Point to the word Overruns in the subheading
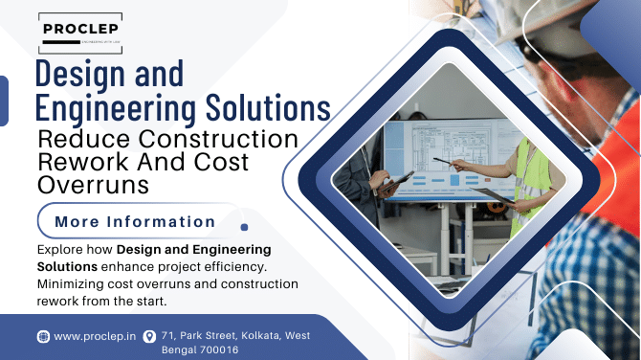[x=93, y=185]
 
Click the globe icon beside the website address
[x=43, y=336]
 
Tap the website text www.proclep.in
[x=94, y=336]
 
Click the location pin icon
[x=148, y=336]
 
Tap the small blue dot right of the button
[x=245, y=228]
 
